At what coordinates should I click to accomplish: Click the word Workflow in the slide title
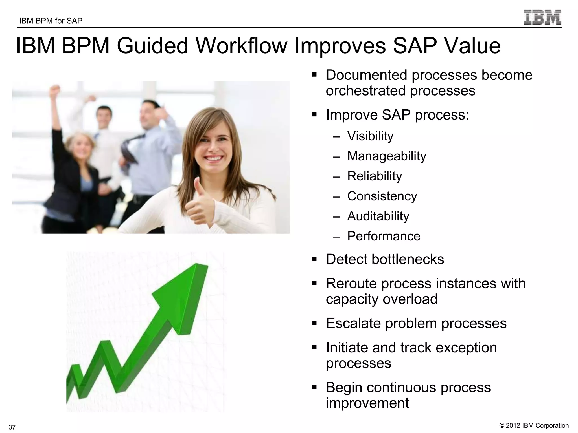242,46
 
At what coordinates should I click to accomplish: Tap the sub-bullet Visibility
370,136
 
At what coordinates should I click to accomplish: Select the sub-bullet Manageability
386,156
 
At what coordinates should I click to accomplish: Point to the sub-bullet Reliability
374,176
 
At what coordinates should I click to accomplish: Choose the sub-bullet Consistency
382,196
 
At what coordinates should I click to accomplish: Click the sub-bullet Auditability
378,216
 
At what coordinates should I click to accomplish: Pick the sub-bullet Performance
384,236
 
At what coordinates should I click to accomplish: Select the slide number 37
12,427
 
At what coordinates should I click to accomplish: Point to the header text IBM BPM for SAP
51,21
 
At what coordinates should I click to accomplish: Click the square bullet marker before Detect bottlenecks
314,259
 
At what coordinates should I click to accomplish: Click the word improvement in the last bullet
367,403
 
